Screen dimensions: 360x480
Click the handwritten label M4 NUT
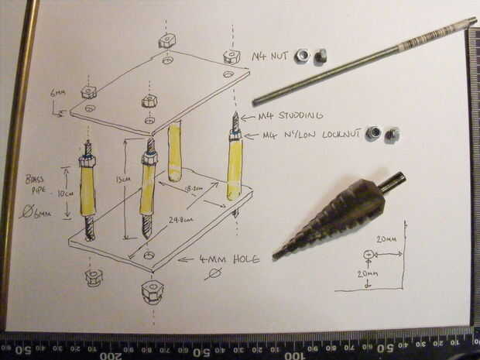(270, 57)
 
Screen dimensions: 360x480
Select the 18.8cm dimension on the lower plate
(194, 188)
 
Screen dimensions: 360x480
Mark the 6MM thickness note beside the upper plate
(58, 93)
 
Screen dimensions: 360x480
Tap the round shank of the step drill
(392, 183)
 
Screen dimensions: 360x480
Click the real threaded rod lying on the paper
(364, 60)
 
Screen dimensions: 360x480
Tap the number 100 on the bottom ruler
(295, 355)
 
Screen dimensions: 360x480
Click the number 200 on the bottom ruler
(111, 355)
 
